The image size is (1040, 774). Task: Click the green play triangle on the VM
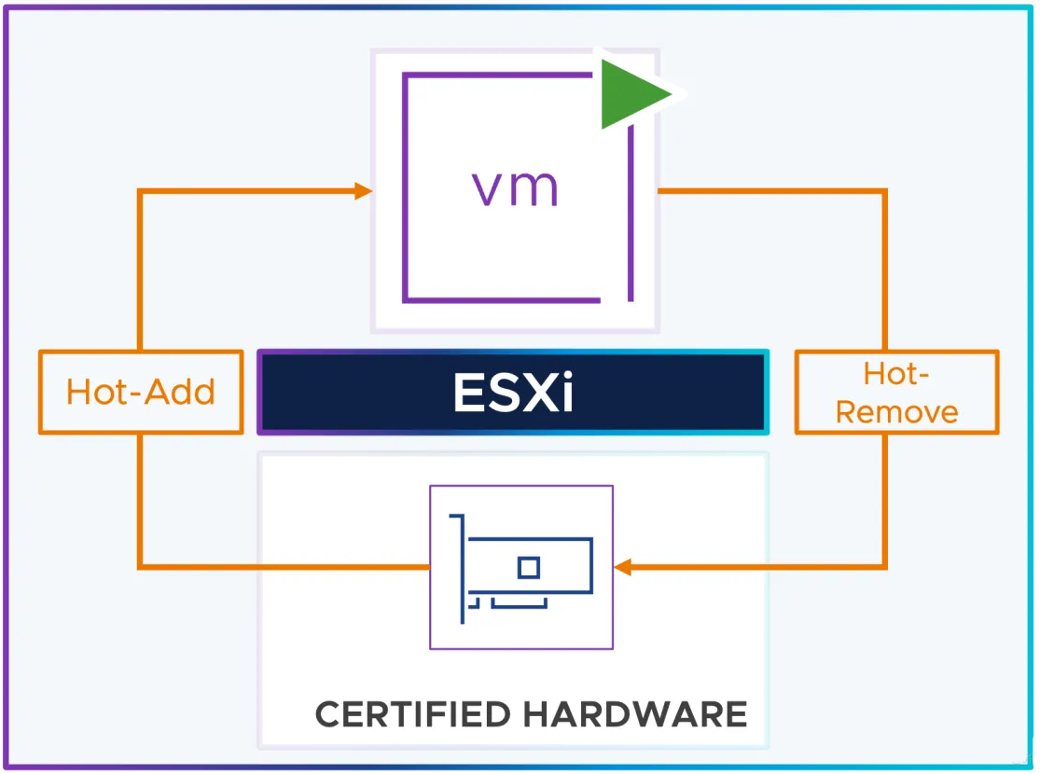pyautogui.click(x=631, y=93)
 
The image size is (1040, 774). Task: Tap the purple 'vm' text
pyautogui.click(x=515, y=188)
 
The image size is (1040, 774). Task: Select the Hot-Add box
pyautogui.click(x=141, y=392)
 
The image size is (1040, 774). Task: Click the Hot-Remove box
pyautogui.click(x=896, y=392)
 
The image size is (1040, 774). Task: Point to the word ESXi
pyautogui.click(x=513, y=393)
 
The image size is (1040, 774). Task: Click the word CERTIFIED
pyautogui.click(x=412, y=714)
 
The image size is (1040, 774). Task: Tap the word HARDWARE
pyautogui.click(x=635, y=714)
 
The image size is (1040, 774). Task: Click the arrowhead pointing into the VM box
pyautogui.click(x=364, y=191)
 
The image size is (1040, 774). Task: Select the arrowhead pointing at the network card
pyautogui.click(x=623, y=567)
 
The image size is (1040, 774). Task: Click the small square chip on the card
pyautogui.click(x=529, y=568)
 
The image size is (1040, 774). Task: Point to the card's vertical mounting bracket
pyautogui.click(x=459, y=569)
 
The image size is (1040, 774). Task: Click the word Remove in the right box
pyautogui.click(x=896, y=412)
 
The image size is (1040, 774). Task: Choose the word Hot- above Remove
pyautogui.click(x=896, y=374)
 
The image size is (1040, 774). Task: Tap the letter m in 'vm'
pyautogui.click(x=534, y=188)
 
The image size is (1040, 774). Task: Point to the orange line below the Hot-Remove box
pyautogui.click(x=884, y=501)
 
